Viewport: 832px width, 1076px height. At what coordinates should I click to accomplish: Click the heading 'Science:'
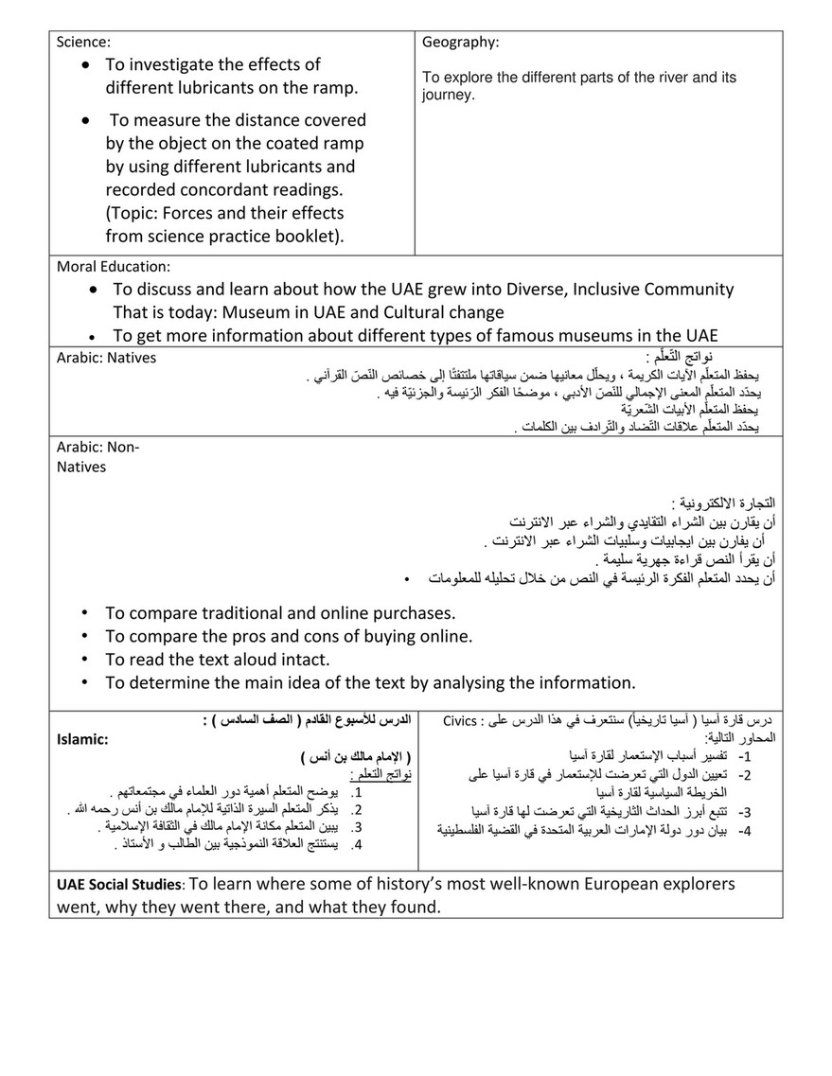[x=84, y=42]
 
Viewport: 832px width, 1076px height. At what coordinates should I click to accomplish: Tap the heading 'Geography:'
[x=460, y=43]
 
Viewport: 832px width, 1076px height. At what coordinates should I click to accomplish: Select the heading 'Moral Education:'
[x=114, y=268]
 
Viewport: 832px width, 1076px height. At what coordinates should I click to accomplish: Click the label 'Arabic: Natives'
[x=106, y=358]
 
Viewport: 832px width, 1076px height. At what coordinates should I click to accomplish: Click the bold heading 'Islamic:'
[x=82, y=740]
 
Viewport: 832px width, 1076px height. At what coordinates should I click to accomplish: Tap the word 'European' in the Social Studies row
[x=589, y=885]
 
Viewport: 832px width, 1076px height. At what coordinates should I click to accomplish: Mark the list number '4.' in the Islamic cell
[x=357, y=844]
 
